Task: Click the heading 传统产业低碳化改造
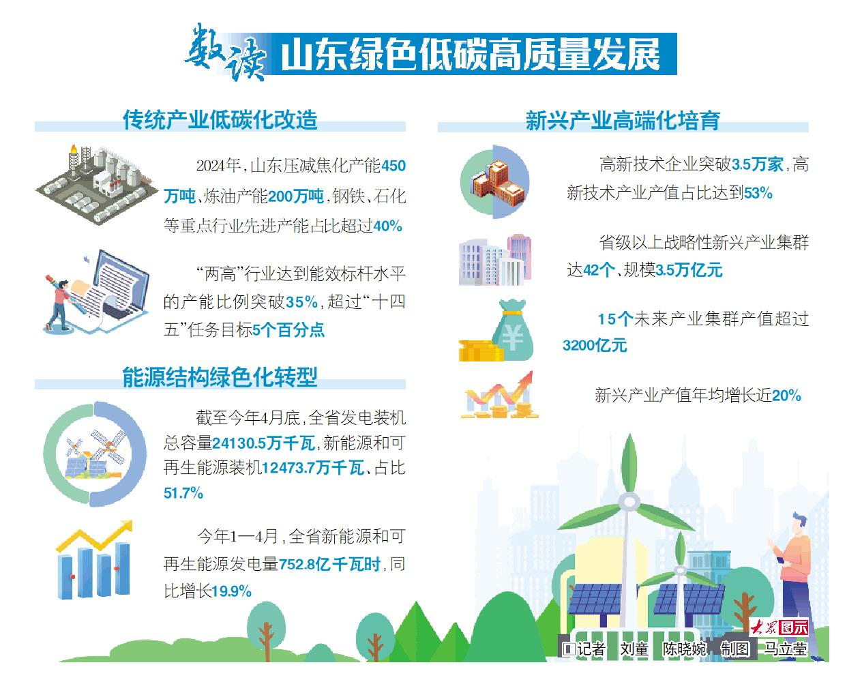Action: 220,120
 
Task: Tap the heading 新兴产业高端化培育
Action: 623,121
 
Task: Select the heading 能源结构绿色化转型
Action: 220,377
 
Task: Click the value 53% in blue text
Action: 758,193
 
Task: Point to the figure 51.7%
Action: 183,493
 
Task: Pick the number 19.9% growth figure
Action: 231,591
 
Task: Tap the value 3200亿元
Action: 595,345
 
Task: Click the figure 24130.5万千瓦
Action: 264,443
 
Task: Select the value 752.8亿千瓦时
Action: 330,564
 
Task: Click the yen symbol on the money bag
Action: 512,338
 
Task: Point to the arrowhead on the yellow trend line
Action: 127,526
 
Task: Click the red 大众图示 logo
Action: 779,627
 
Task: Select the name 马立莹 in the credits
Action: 786,649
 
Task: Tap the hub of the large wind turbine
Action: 629,502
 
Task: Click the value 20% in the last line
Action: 786,396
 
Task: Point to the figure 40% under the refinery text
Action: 387,226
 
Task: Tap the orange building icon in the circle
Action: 498,183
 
